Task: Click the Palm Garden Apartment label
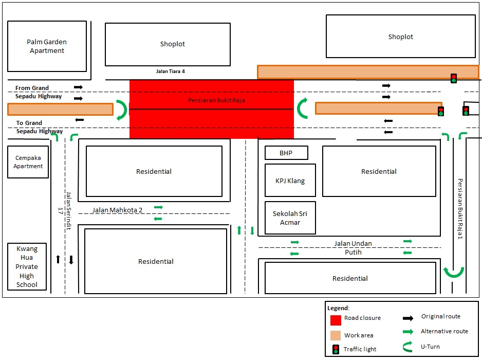coord(47,46)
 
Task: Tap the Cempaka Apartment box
coord(28,162)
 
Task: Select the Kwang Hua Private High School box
coord(27,266)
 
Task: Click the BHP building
coord(286,153)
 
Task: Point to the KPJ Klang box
coord(290,181)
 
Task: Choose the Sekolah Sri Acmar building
coord(290,218)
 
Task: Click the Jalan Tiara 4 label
coord(170,71)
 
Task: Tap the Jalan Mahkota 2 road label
coord(117,210)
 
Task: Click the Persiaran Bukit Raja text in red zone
coord(216,100)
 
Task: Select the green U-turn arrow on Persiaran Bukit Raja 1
coord(454,272)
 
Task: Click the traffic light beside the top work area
coord(454,78)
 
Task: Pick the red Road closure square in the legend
coord(336,320)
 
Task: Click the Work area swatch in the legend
coord(336,335)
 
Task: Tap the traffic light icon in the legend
coord(336,350)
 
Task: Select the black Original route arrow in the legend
coord(408,318)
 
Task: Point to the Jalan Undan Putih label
coord(353,248)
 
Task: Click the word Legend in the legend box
coord(338,308)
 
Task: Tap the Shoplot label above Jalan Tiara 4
coord(172,44)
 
